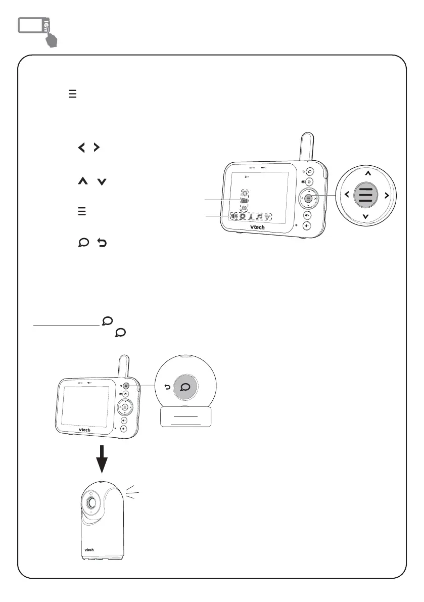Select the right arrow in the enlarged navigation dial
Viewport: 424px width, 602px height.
[x=386, y=195]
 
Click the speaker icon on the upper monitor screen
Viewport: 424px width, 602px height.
[x=234, y=217]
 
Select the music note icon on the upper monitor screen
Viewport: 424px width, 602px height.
[x=259, y=217]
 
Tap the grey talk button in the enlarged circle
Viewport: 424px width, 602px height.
[x=185, y=387]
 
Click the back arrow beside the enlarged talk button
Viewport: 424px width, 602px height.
[x=166, y=387]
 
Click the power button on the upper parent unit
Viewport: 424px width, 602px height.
[x=309, y=182]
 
